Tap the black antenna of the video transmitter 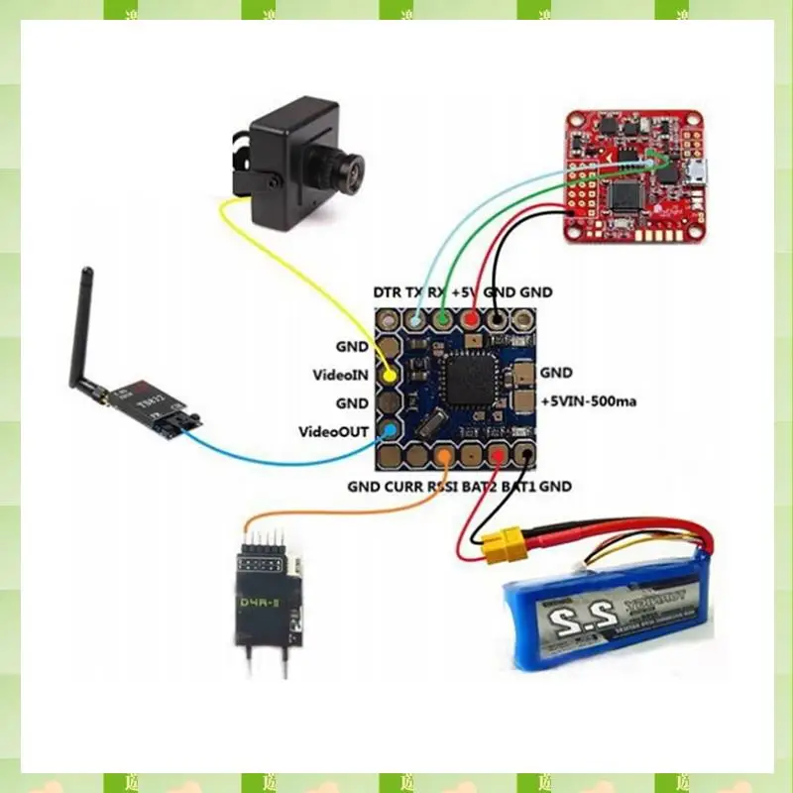pyautogui.click(x=78, y=327)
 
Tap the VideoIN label pyautogui.click(x=341, y=376)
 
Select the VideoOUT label pyautogui.click(x=336, y=432)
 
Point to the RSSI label pyautogui.click(x=444, y=487)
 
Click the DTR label pyautogui.click(x=388, y=292)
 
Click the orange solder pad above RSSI pyautogui.click(x=445, y=457)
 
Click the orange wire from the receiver pyautogui.click(x=347, y=510)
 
